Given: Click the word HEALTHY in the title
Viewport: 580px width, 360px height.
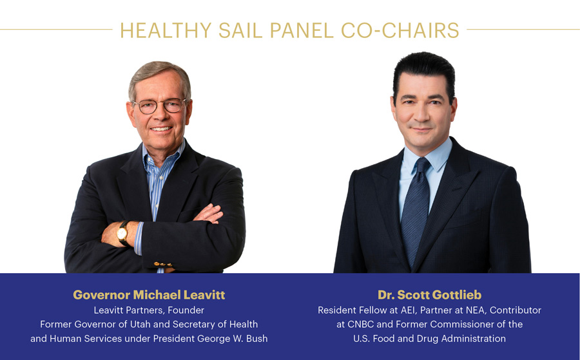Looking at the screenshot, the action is click(x=166, y=30).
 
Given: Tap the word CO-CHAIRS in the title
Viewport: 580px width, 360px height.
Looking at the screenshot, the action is click(x=400, y=30).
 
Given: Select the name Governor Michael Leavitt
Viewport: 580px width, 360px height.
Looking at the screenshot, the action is click(x=149, y=294).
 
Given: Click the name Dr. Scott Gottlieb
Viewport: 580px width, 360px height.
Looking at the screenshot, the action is click(x=429, y=294).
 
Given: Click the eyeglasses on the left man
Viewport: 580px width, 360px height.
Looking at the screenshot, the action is click(x=160, y=106).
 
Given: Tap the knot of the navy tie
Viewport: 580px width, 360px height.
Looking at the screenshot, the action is click(x=422, y=166).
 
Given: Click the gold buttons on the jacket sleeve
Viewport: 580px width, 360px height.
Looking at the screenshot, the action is click(x=163, y=264).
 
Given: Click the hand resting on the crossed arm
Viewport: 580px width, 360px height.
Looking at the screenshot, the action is click(x=209, y=214).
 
